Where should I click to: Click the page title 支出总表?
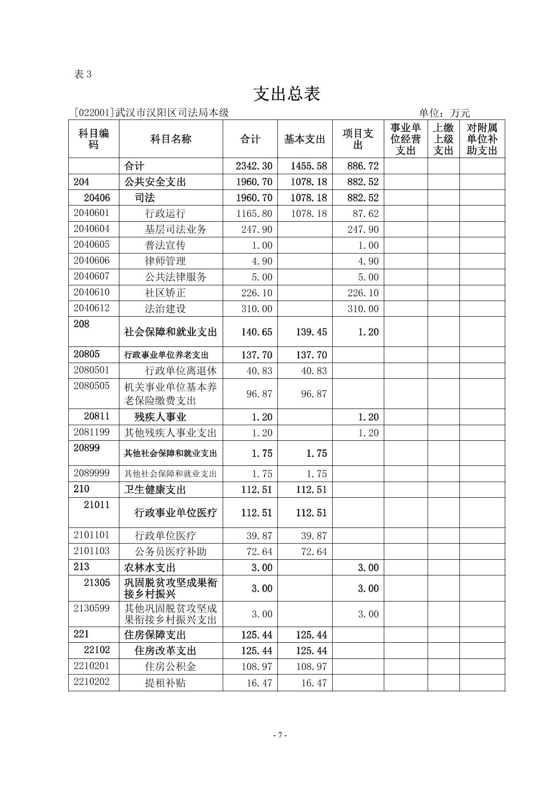[286, 94]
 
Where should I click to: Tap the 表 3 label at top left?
[83, 74]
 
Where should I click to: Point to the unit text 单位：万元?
[444, 113]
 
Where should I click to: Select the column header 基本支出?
[305, 139]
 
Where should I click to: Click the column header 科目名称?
[171, 139]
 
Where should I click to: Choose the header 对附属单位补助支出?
[482, 139]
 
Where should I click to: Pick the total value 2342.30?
[254, 166]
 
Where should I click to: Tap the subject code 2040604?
[92, 229]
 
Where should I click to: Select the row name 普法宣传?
[165, 245]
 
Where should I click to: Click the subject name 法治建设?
[165, 308]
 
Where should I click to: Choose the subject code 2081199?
[92, 432]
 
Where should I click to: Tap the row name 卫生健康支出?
[155, 489]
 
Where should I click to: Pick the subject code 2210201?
[92, 666]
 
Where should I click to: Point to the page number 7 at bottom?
[280, 735]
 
